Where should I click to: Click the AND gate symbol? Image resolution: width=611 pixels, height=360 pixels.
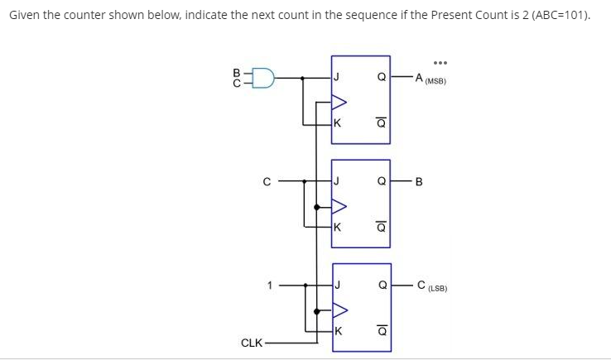(x=265, y=79)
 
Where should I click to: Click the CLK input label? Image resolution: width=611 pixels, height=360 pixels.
(x=252, y=342)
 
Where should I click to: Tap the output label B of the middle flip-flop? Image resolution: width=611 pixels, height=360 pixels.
(x=419, y=183)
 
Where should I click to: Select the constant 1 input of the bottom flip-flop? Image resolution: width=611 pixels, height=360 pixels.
(x=269, y=286)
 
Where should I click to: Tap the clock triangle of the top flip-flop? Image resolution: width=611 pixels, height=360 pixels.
(x=339, y=103)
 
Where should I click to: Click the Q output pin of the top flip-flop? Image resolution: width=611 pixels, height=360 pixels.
(x=381, y=79)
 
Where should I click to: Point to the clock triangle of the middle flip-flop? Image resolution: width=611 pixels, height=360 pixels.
(x=339, y=206)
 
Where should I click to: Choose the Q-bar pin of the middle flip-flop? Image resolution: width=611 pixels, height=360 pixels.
(x=381, y=227)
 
